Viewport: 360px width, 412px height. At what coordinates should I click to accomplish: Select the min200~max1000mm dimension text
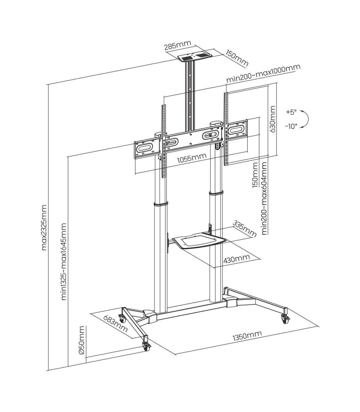pos(263,74)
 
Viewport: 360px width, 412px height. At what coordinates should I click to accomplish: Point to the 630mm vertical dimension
pos(273,119)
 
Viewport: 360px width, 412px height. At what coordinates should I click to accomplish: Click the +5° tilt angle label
pos(292,112)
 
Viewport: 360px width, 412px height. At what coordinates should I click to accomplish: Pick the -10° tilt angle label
pos(291,126)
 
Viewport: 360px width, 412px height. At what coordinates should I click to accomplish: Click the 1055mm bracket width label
pos(192,158)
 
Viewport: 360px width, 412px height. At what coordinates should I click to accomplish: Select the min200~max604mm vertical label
pos(265,198)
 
